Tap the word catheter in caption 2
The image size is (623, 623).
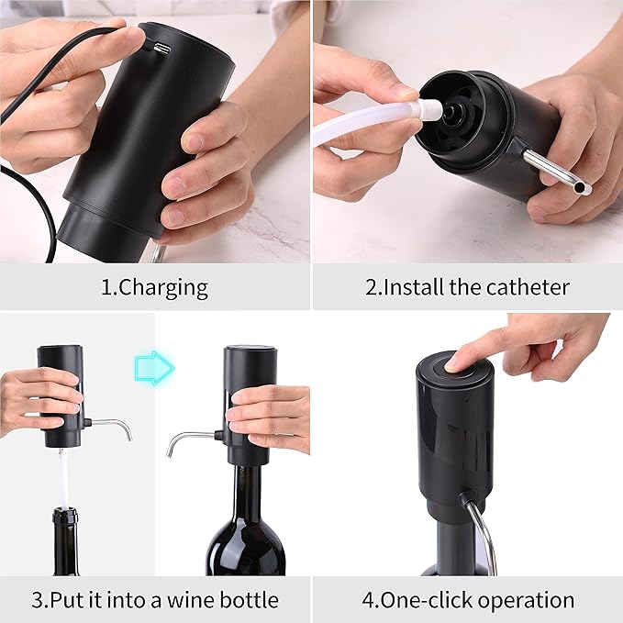(527, 287)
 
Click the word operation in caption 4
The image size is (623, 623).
(523, 601)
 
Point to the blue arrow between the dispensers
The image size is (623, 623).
(154, 367)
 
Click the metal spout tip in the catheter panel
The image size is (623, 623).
(581, 188)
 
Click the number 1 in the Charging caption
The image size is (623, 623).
(105, 287)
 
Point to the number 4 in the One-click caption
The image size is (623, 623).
(367, 601)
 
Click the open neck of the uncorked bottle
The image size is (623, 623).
(64, 514)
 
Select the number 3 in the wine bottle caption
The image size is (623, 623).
(37, 601)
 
